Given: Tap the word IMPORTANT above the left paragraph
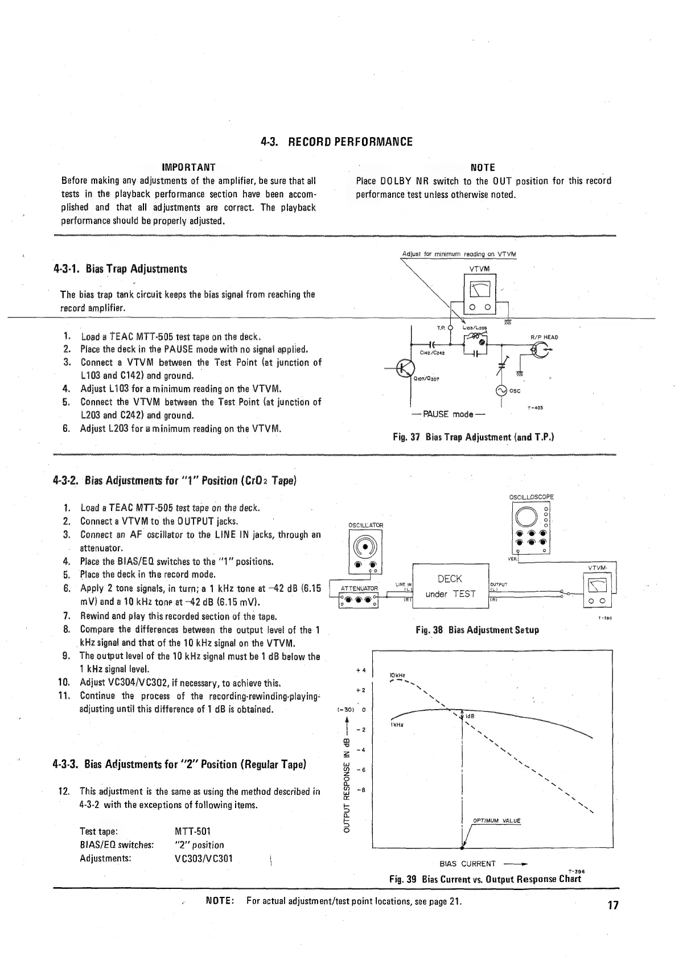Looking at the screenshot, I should (x=188, y=167).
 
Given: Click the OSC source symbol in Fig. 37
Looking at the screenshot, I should (x=501, y=390).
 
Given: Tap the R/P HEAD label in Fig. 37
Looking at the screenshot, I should (x=544, y=337).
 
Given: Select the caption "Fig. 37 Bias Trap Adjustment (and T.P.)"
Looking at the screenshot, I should (x=474, y=437).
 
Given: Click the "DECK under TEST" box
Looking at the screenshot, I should (x=450, y=586).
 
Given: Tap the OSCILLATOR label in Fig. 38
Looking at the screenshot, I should (x=365, y=525).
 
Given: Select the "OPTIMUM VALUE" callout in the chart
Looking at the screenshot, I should (x=496, y=821).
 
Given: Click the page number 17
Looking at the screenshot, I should (x=612, y=905).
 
